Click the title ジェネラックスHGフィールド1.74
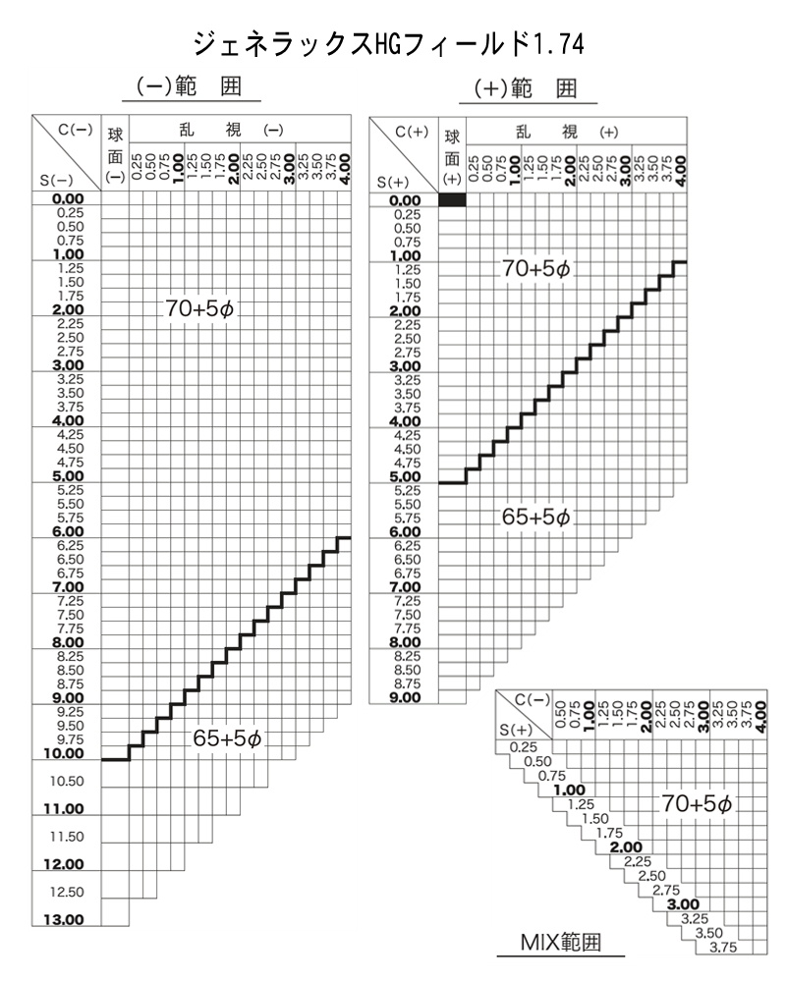393,45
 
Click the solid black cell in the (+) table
452,200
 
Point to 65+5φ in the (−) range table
227,739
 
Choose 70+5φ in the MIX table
697,803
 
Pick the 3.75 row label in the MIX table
724,947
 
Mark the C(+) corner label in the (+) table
412,132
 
